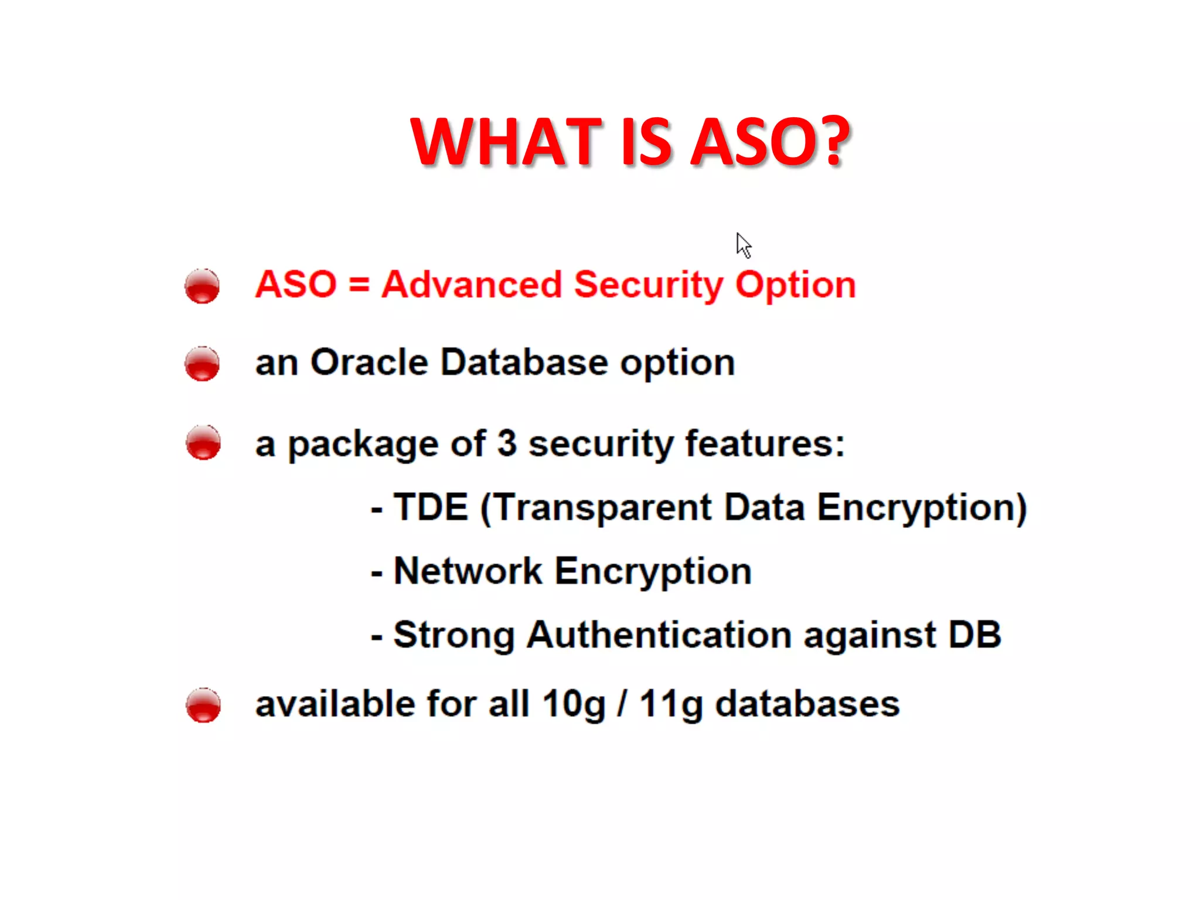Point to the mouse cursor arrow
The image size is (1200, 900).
point(743,245)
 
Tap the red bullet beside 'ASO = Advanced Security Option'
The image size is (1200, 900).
point(202,286)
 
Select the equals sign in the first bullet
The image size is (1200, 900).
point(359,285)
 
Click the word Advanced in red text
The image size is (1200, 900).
point(471,285)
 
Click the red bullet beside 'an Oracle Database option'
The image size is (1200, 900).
point(202,363)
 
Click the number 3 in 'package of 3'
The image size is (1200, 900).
point(507,444)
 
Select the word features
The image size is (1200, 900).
point(765,444)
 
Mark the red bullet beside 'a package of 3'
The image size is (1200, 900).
point(203,442)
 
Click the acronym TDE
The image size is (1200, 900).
point(431,507)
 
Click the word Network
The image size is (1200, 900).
point(468,571)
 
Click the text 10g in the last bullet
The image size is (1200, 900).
point(574,704)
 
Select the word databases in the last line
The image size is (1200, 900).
point(807,704)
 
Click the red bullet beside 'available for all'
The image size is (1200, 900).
point(203,705)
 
